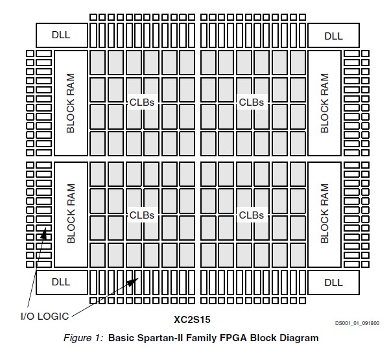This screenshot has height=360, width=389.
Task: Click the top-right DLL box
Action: (x=333, y=35)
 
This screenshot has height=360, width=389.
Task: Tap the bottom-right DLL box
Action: (x=333, y=282)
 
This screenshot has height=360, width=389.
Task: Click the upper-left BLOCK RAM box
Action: (x=71, y=103)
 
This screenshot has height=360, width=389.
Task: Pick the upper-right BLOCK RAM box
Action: (x=324, y=103)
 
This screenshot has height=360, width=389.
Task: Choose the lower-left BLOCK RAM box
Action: (x=71, y=214)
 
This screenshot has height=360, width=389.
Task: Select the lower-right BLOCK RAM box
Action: (x=324, y=214)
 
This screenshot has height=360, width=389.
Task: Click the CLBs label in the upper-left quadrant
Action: (x=142, y=102)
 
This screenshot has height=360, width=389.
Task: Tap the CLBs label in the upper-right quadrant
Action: (x=252, y=102)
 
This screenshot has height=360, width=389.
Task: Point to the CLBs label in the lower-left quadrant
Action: (x=142, y=215)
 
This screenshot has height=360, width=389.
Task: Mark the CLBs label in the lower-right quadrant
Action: (x=252, y=215)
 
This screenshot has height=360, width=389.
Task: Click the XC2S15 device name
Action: (x=192, y=320)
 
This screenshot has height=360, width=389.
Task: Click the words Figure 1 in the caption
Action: (x=86, y=338)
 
